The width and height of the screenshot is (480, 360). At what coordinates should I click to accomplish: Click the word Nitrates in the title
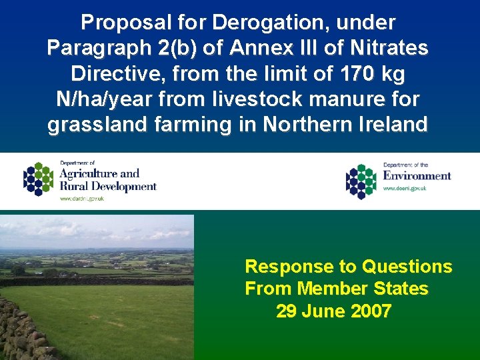pos(392,48)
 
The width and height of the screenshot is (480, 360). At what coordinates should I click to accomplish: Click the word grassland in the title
pos(94,125)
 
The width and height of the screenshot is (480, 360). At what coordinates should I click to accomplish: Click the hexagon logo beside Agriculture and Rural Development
pos(39,179)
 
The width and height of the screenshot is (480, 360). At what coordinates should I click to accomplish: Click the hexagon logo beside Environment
pos(361,181)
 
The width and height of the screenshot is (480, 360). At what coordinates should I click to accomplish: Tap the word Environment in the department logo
pos(417,175)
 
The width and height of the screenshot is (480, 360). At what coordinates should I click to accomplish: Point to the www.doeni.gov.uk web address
pos(405,189)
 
